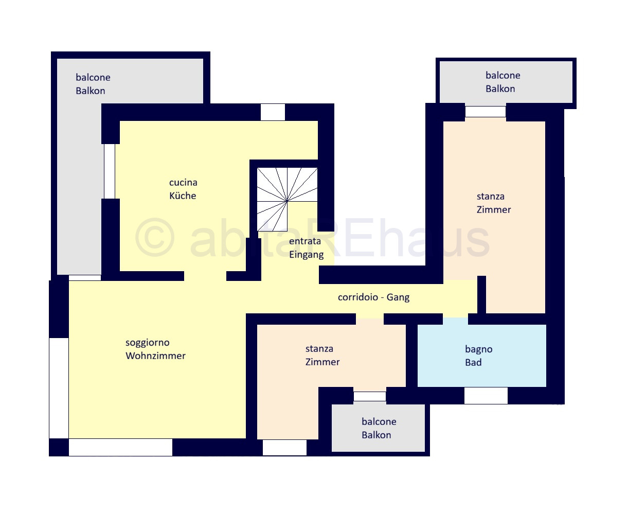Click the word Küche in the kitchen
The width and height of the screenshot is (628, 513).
click(183, 196)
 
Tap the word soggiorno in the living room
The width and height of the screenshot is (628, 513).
click(148, 343)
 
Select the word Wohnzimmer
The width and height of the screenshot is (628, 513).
click(155, 356)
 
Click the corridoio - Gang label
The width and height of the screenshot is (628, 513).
click(373, 297)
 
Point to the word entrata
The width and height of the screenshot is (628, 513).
click(304, 241)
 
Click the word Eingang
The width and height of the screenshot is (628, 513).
click(306, 255)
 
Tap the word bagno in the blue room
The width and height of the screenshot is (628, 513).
click(478, 349)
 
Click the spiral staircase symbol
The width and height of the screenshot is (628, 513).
click(287, 199)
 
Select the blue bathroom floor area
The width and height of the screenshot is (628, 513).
click(481, 356)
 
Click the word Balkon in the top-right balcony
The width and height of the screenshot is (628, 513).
click(500, 89)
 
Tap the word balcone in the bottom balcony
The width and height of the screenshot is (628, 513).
click(379, 421)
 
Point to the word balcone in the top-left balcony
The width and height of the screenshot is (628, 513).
click(93, 78)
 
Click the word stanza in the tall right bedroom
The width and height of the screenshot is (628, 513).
click(491, 197)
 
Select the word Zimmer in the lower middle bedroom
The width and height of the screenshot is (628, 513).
click(322, 362)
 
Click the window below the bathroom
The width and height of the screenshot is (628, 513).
click(486, 396)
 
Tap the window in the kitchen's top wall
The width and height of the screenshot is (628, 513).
click(273, 112)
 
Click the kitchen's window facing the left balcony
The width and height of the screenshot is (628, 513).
click(109, 171)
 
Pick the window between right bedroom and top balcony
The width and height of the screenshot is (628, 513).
click(486, 112)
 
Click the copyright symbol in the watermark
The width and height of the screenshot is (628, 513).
click(155, 237)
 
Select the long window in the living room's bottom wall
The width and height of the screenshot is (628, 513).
click(120, 447)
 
